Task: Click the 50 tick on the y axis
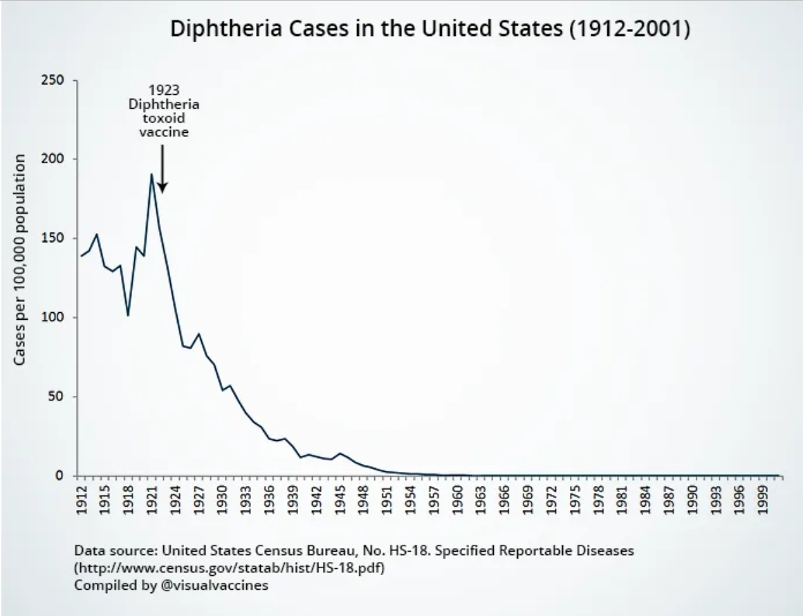(x=59, y=397)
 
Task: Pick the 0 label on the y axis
(x=63, y=476)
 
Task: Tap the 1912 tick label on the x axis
(x=82, y=500)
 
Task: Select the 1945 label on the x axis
(x=340, y=500)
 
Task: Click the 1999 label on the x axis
(x=761, y=500)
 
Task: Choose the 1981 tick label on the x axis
(x=620, y=500)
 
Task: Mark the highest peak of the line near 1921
(x=151, y=174)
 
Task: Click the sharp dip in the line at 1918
(x=128, y=315)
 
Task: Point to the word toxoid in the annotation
(x=163, y=118)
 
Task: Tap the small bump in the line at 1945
(x=340, y=453)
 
